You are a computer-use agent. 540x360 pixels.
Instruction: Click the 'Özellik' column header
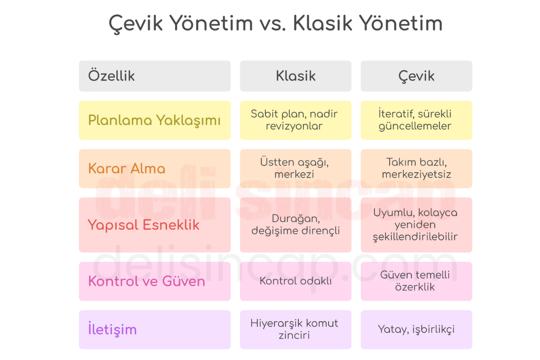[155, 76]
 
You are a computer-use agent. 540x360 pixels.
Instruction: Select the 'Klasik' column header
[296, 76]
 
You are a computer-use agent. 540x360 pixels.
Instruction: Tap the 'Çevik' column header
[416, 76]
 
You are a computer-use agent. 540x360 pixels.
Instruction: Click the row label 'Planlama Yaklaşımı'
[155, 120]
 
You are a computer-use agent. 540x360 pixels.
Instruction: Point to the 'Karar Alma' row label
[155, 169]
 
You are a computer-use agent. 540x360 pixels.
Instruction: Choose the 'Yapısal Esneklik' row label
[155, 225]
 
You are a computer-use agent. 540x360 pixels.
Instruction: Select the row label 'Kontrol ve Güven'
[155, 281]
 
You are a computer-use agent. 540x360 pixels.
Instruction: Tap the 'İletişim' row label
[155, 329]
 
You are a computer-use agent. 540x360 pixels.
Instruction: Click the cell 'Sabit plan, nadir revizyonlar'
[296, 120]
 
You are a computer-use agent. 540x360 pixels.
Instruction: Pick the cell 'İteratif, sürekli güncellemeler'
[416, 120]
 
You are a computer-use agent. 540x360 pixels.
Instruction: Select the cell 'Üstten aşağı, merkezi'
[296, 169]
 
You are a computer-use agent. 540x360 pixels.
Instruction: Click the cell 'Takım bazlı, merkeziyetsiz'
[416, 169]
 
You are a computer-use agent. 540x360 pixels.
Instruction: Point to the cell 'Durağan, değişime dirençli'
[296, 225]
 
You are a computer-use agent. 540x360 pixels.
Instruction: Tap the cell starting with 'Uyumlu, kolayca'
[416, 225]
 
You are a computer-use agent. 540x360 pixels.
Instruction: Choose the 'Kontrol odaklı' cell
[296, 281]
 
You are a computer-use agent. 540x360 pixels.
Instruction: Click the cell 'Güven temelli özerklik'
[416, 281]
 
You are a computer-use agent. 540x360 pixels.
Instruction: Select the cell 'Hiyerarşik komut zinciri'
[296, 329]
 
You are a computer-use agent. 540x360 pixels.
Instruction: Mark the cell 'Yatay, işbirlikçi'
[416, 329]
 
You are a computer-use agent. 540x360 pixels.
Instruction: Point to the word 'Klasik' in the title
[323, 23]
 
